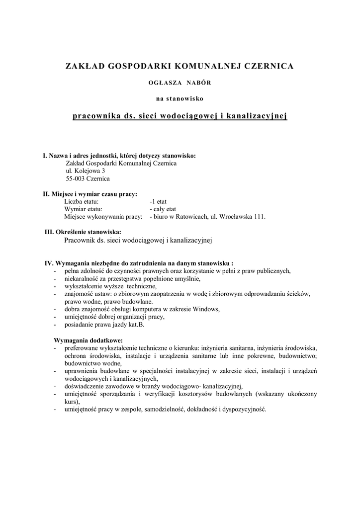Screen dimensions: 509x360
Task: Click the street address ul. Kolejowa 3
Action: tap(86, 170)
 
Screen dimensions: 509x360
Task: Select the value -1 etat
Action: tap(158, 202)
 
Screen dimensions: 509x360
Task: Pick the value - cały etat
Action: tap(163, 209)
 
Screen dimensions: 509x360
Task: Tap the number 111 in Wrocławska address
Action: tap(260, 217)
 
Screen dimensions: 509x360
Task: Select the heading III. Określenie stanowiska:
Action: tap(83, 232)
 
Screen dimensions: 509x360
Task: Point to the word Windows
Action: tap(207, 309)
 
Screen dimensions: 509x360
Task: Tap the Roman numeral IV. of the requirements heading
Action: tap(49, 263)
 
